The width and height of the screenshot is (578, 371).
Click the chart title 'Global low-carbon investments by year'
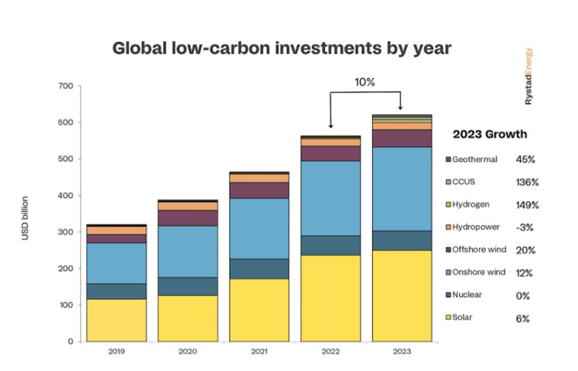click(x=282, y=48)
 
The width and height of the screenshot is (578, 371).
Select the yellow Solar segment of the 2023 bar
click(x=401, y=295)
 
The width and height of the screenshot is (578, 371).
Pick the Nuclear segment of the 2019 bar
click(x=116, y=291)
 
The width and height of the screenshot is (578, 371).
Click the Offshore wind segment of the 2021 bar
click(x=259, y=190)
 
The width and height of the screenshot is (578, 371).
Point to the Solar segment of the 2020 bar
click(x=188, y=317)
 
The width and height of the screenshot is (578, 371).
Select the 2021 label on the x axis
click(x=259, y=351)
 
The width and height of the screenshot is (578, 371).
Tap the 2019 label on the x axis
click(x=116, y=351)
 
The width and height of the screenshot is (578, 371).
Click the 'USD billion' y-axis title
click(x=25, y=218)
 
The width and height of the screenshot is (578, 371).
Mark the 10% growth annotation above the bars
click(x=366, y=82)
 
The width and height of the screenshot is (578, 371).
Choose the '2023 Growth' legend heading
click(x=489, y=134)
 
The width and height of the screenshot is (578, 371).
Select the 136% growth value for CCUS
click(x=527, y=182)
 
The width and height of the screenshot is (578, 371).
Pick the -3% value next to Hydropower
click(x=524, y=227)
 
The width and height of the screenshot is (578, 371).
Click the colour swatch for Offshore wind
click(x=449, y=250)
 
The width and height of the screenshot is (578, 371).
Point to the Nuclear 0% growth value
click(x=523, y=295)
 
